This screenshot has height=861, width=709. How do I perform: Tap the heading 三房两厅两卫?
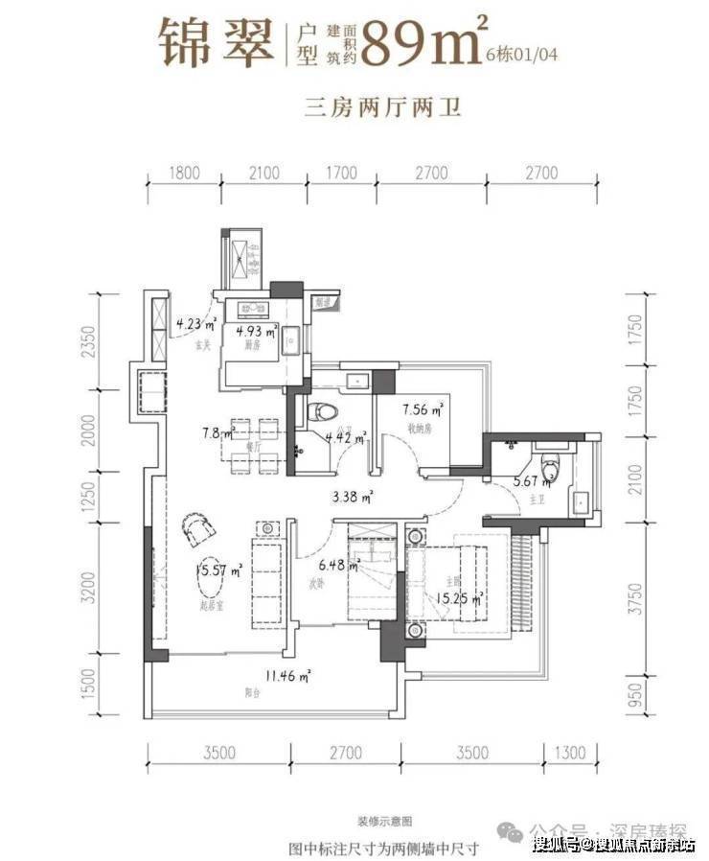pyautogui.click(x=383, y=107)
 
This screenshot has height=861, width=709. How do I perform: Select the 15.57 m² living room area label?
pyautogui.click(x=219, y=570)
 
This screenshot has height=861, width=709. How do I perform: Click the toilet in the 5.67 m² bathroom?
pyautogui.click(x=550, y=471)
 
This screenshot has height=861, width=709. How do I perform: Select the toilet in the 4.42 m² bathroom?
pyautogui.click(x=326, y=413)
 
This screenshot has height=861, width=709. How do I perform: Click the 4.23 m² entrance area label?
pyautogui.click(x=196, y=323)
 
